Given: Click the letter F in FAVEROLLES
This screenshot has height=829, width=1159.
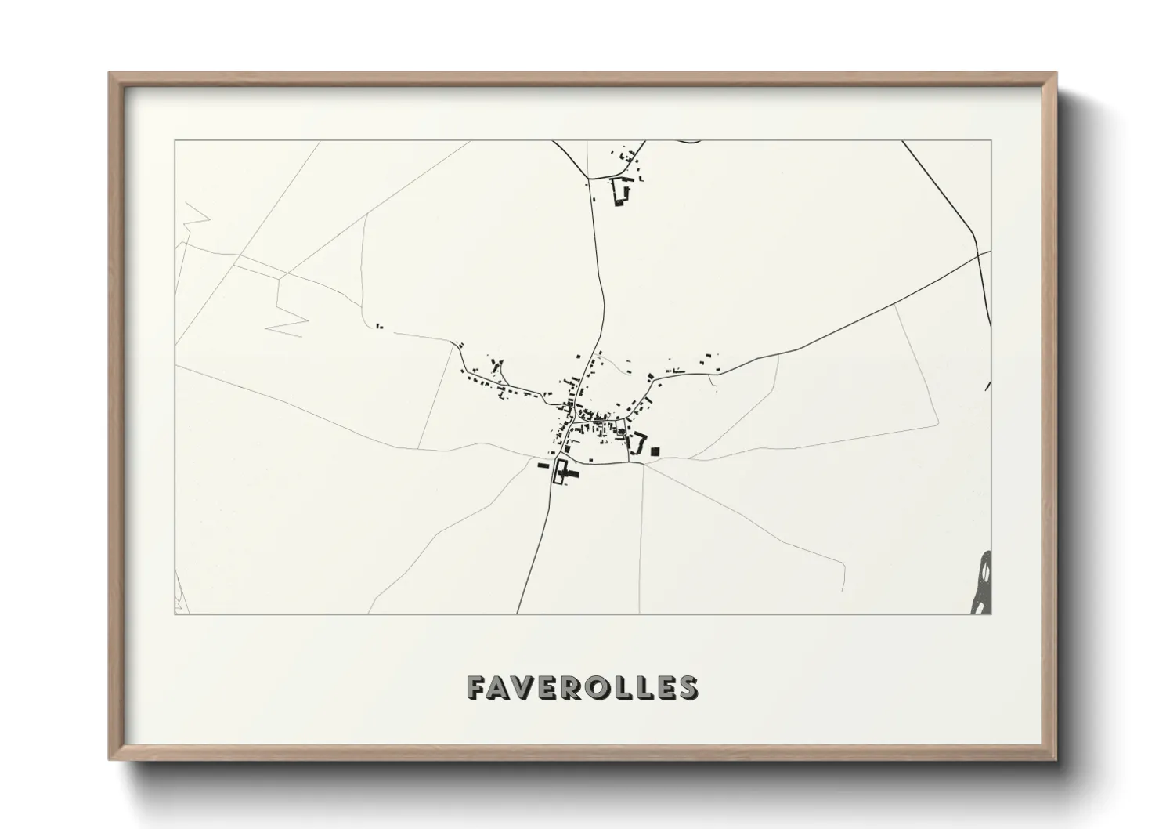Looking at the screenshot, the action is pos(476,687).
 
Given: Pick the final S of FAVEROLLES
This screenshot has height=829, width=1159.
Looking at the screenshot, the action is pos(689,687).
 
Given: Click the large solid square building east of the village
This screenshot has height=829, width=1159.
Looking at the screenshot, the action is pos(655,451).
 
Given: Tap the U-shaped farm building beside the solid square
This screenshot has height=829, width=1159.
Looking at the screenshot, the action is pos(636,443).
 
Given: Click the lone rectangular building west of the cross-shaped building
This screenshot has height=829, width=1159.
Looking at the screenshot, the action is pos(541,465).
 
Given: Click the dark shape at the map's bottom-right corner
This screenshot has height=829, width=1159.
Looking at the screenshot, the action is pos(984,584).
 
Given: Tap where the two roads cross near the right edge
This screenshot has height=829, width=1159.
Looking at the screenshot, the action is pos(979,254).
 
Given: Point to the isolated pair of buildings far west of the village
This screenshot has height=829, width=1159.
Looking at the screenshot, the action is pos(379,325).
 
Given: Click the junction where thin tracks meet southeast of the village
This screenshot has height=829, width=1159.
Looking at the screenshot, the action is pos(643,463).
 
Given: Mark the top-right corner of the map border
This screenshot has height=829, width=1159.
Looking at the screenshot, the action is pos(990,141).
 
